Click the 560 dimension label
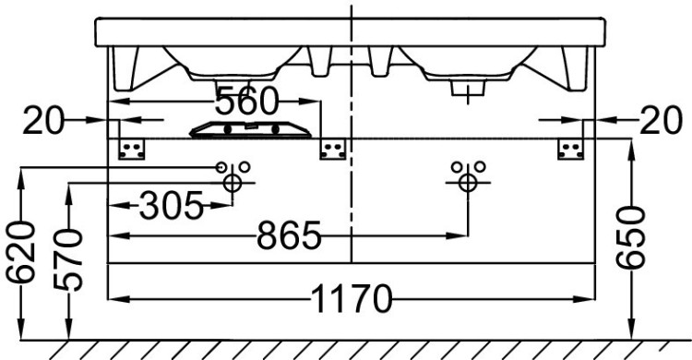pos(247,101)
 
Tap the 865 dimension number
pos(289,237)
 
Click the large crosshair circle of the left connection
pos(233,183)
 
